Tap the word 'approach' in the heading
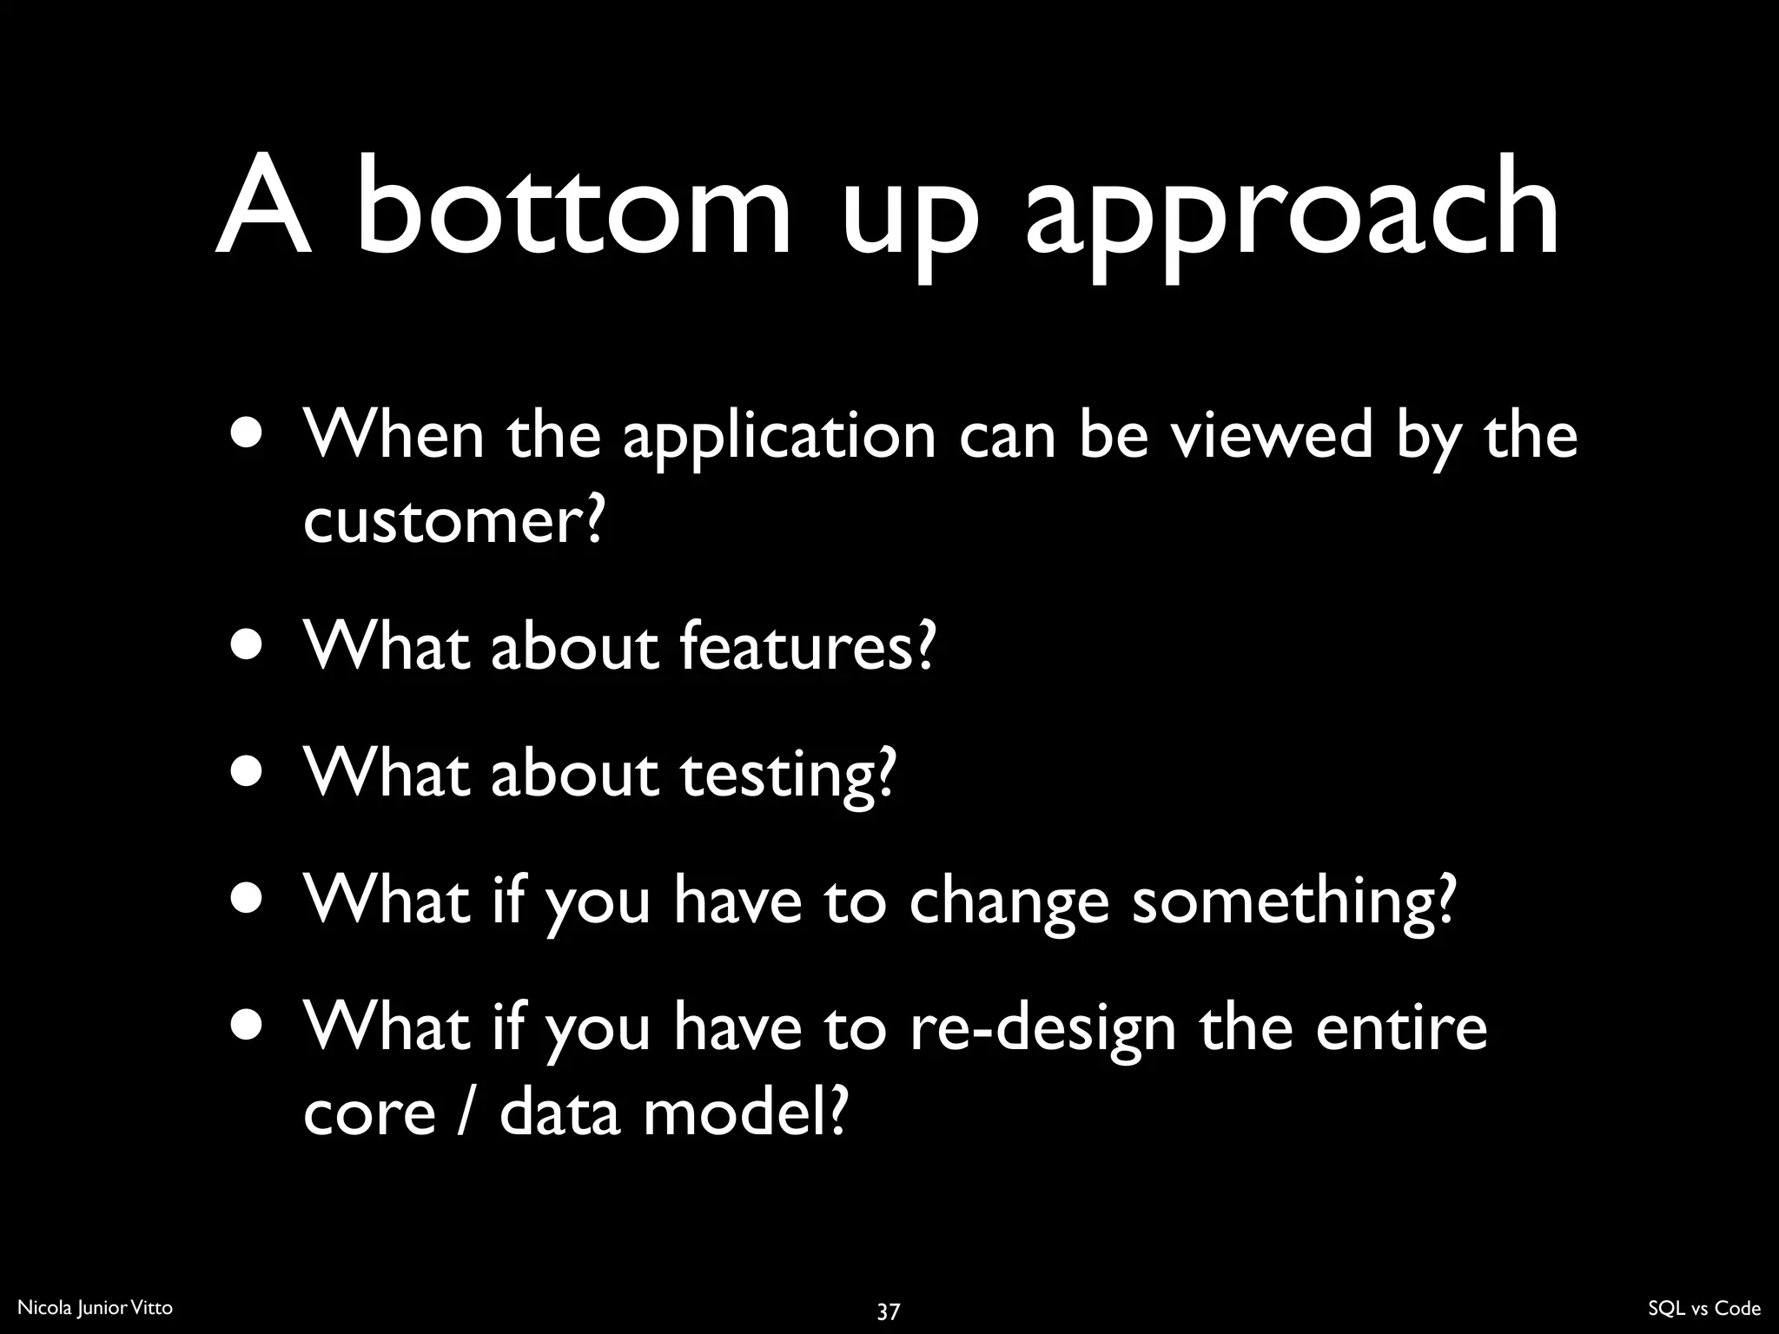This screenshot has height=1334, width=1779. click(1292, 217)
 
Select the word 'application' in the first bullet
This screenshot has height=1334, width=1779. click(779, 439)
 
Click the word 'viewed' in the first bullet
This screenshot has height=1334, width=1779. click(1273, 434)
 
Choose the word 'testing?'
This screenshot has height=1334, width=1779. click(787, 776)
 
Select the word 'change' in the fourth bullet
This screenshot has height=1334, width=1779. click(1009, 903)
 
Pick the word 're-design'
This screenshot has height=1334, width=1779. click(1042, 1031)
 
